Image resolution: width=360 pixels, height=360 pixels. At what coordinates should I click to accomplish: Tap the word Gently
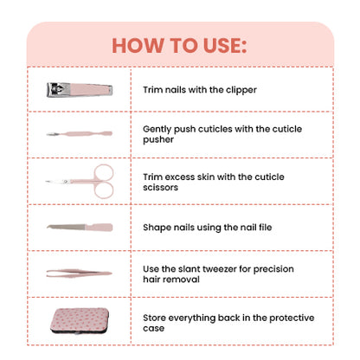(x=159, y=127)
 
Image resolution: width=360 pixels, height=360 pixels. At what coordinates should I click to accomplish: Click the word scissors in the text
(x=164, y=186)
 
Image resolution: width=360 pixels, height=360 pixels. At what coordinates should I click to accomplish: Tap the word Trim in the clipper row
(x=153, y=89)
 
